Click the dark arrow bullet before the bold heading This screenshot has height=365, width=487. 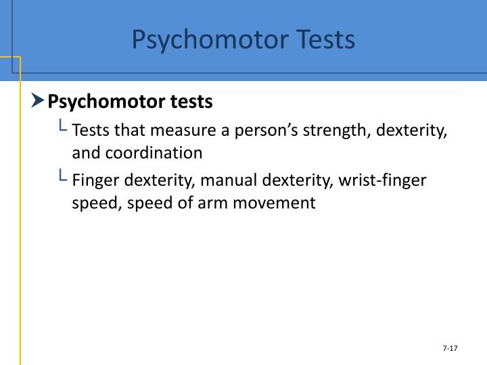tap(38, 101)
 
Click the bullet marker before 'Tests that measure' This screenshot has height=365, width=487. tap(62, 126)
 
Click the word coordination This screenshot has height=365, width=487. tap(154, 153)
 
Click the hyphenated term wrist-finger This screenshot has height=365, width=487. tap(384, 180)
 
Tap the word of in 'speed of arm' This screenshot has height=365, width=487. tap(174, 203)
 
